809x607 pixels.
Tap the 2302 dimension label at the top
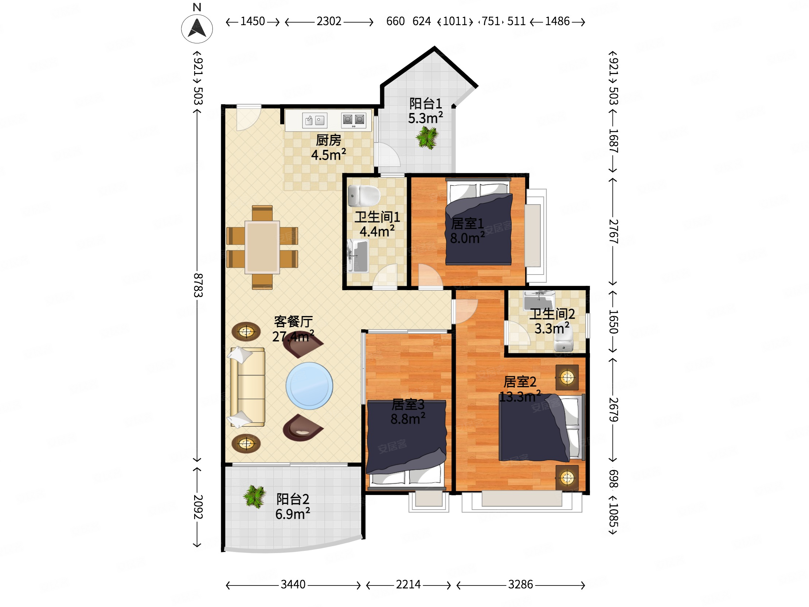(x=329, y=22)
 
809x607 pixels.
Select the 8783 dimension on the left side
(x=198, y=285)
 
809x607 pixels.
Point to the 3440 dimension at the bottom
(x=293, y=584)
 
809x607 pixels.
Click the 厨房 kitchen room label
(x=328, y=140)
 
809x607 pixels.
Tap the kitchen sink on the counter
(x=314, y=120)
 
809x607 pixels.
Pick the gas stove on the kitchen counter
(x=353, y=120)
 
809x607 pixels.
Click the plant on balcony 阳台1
(x=427, y=137)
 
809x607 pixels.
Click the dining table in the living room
(x=262, y=247)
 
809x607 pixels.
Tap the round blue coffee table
(x=309, y=386)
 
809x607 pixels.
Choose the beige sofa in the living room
(x=247, y=387)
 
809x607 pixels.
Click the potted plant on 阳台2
(x=255, y=497)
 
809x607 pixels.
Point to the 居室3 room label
(x=408, y=404)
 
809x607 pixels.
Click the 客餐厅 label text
(x=293, y=322)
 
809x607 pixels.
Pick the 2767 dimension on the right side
(x=613, y=231)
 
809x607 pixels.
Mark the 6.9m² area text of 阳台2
(x=293, y=514)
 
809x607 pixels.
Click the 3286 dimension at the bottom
(x=520, y=584)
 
